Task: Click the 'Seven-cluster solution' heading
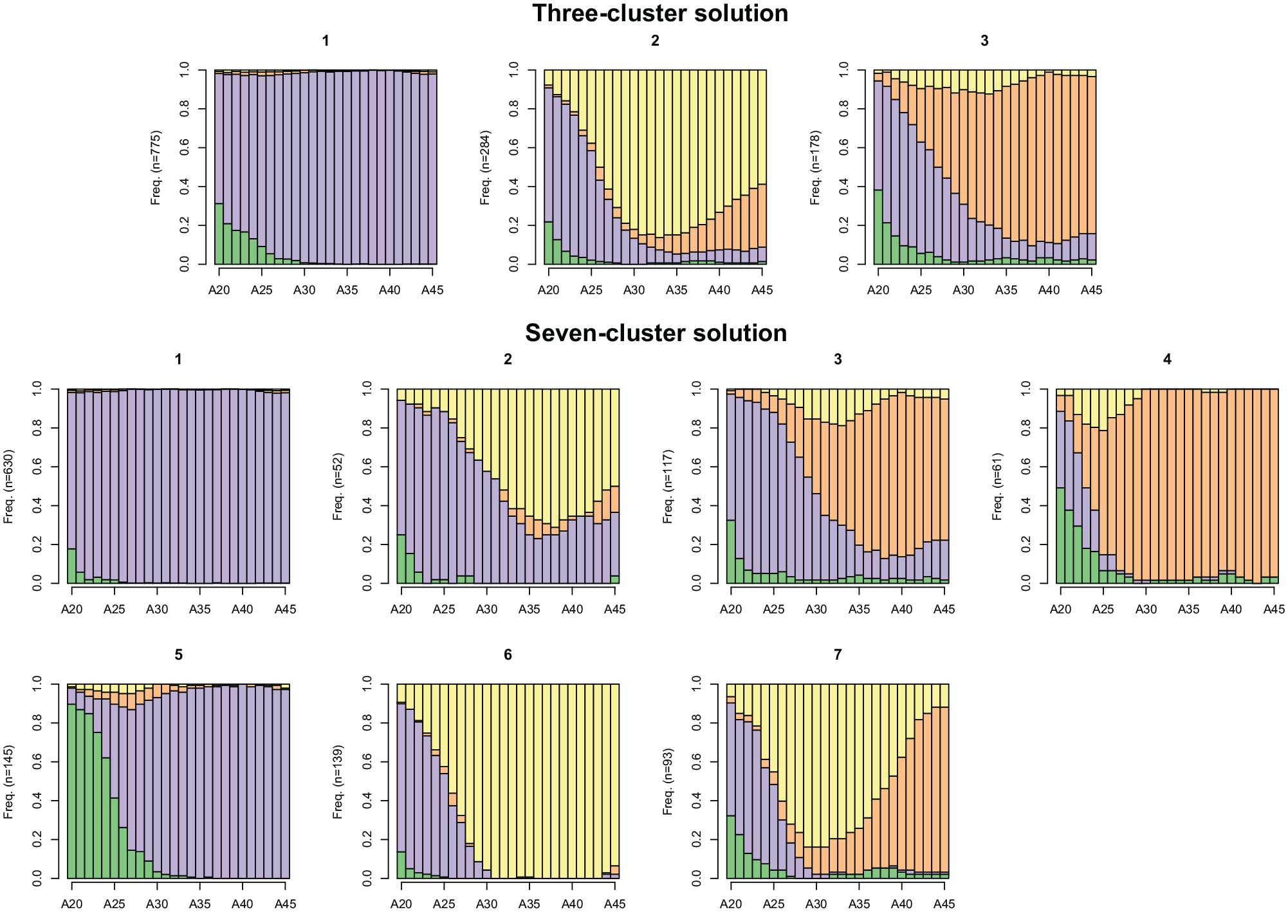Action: [x=656, y=333]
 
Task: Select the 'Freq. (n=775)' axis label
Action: [x=156, y=167]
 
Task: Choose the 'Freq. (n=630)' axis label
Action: [x=8, y=487]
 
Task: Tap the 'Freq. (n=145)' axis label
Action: [x=8, y=782]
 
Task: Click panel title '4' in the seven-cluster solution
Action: [x=1167, y=360]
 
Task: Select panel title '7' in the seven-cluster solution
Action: [x=838, y=655]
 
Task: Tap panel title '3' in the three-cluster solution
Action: [x=984, y=41]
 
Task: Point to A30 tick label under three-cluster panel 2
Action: [x=634, y=290]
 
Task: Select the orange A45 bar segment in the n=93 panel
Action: [x=944, y=789]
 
